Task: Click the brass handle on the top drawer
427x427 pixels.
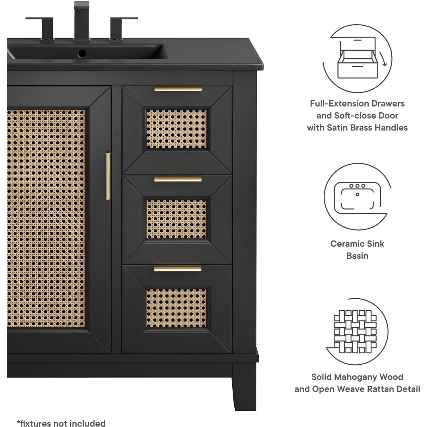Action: tap(178, 89)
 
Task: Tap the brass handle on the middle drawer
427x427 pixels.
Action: tap(178, 178)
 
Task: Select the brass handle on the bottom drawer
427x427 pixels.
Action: tap(178, 268)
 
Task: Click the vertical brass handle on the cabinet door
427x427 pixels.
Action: tap(108, 176)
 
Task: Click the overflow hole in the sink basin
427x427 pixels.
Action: tap(82, 53)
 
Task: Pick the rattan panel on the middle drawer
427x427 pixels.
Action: tap(176, 219)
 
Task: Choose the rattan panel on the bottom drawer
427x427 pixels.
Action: tap(176, 308)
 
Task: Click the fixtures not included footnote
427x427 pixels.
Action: tap(61, 423)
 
